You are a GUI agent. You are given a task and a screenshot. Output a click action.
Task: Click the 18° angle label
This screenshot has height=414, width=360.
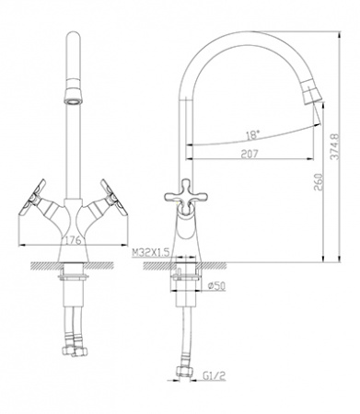click(x=251, y=133)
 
